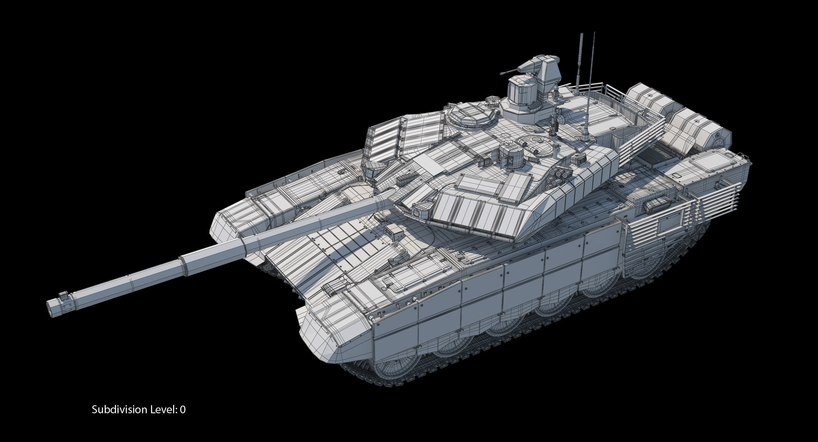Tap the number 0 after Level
[x=182, y=409]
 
